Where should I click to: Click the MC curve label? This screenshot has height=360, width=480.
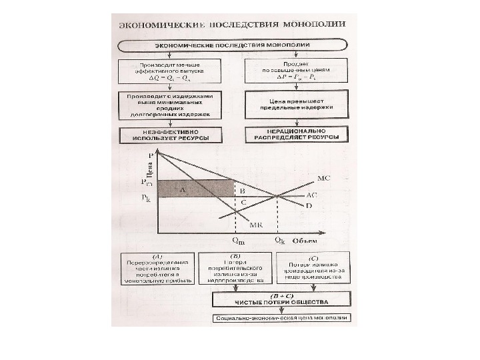323,178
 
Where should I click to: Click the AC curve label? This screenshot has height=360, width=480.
312,195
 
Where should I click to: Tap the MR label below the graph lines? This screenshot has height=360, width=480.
254,225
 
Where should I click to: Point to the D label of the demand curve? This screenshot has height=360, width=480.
309,206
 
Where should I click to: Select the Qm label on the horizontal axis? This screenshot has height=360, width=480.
237,242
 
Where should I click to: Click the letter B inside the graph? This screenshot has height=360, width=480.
243,190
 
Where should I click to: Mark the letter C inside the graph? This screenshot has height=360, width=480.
243,202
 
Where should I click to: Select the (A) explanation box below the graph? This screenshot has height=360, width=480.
157,268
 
